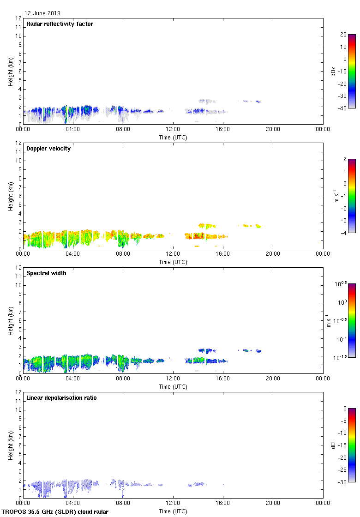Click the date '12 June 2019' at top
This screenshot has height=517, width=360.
(x=42, y=13)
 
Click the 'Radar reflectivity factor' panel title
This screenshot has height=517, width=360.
(x=60, y=24)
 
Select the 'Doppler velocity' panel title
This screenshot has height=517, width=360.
(x=48, y=149)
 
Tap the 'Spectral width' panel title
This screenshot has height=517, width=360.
(x=46, y=273)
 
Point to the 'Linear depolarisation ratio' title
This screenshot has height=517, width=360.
(x=61, y=398)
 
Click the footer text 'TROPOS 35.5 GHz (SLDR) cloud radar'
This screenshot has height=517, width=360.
(x=55, y=512)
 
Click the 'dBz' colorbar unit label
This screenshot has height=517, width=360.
(x=333, y=71)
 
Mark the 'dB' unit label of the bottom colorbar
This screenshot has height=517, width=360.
(x=333, y=445)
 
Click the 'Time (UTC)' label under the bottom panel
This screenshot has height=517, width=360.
(x=173, y=511)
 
